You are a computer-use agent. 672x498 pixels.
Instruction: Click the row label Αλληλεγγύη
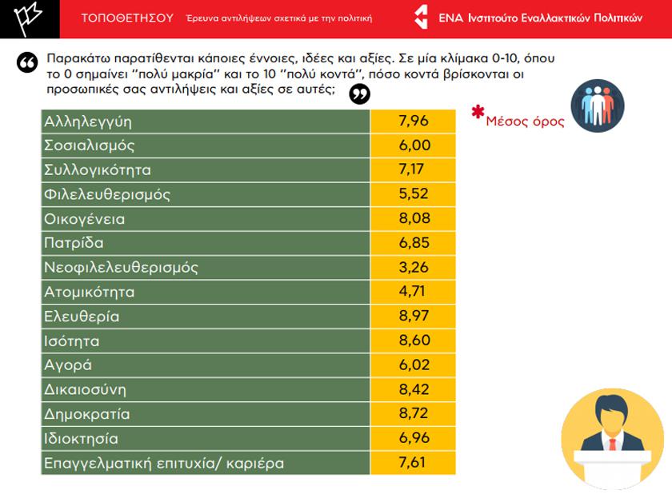tap(88, 122)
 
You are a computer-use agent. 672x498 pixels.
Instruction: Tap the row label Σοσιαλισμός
tap(90, 146)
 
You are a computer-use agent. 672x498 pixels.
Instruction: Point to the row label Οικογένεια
tap(85, 219)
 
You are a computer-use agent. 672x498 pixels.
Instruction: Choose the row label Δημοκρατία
tap(87, 414)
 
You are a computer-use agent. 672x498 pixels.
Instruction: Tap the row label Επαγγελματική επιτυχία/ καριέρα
tap(164, 463)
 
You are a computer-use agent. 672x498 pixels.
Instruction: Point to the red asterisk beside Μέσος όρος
tap(478, 112)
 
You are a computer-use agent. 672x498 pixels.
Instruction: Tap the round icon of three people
tap(597, 106)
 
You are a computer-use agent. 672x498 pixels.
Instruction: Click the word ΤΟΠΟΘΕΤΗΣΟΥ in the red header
tap(127, 18)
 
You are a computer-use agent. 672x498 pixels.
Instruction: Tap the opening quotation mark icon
tap(26, 65)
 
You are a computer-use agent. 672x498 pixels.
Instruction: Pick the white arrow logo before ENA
tap(424, 18)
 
